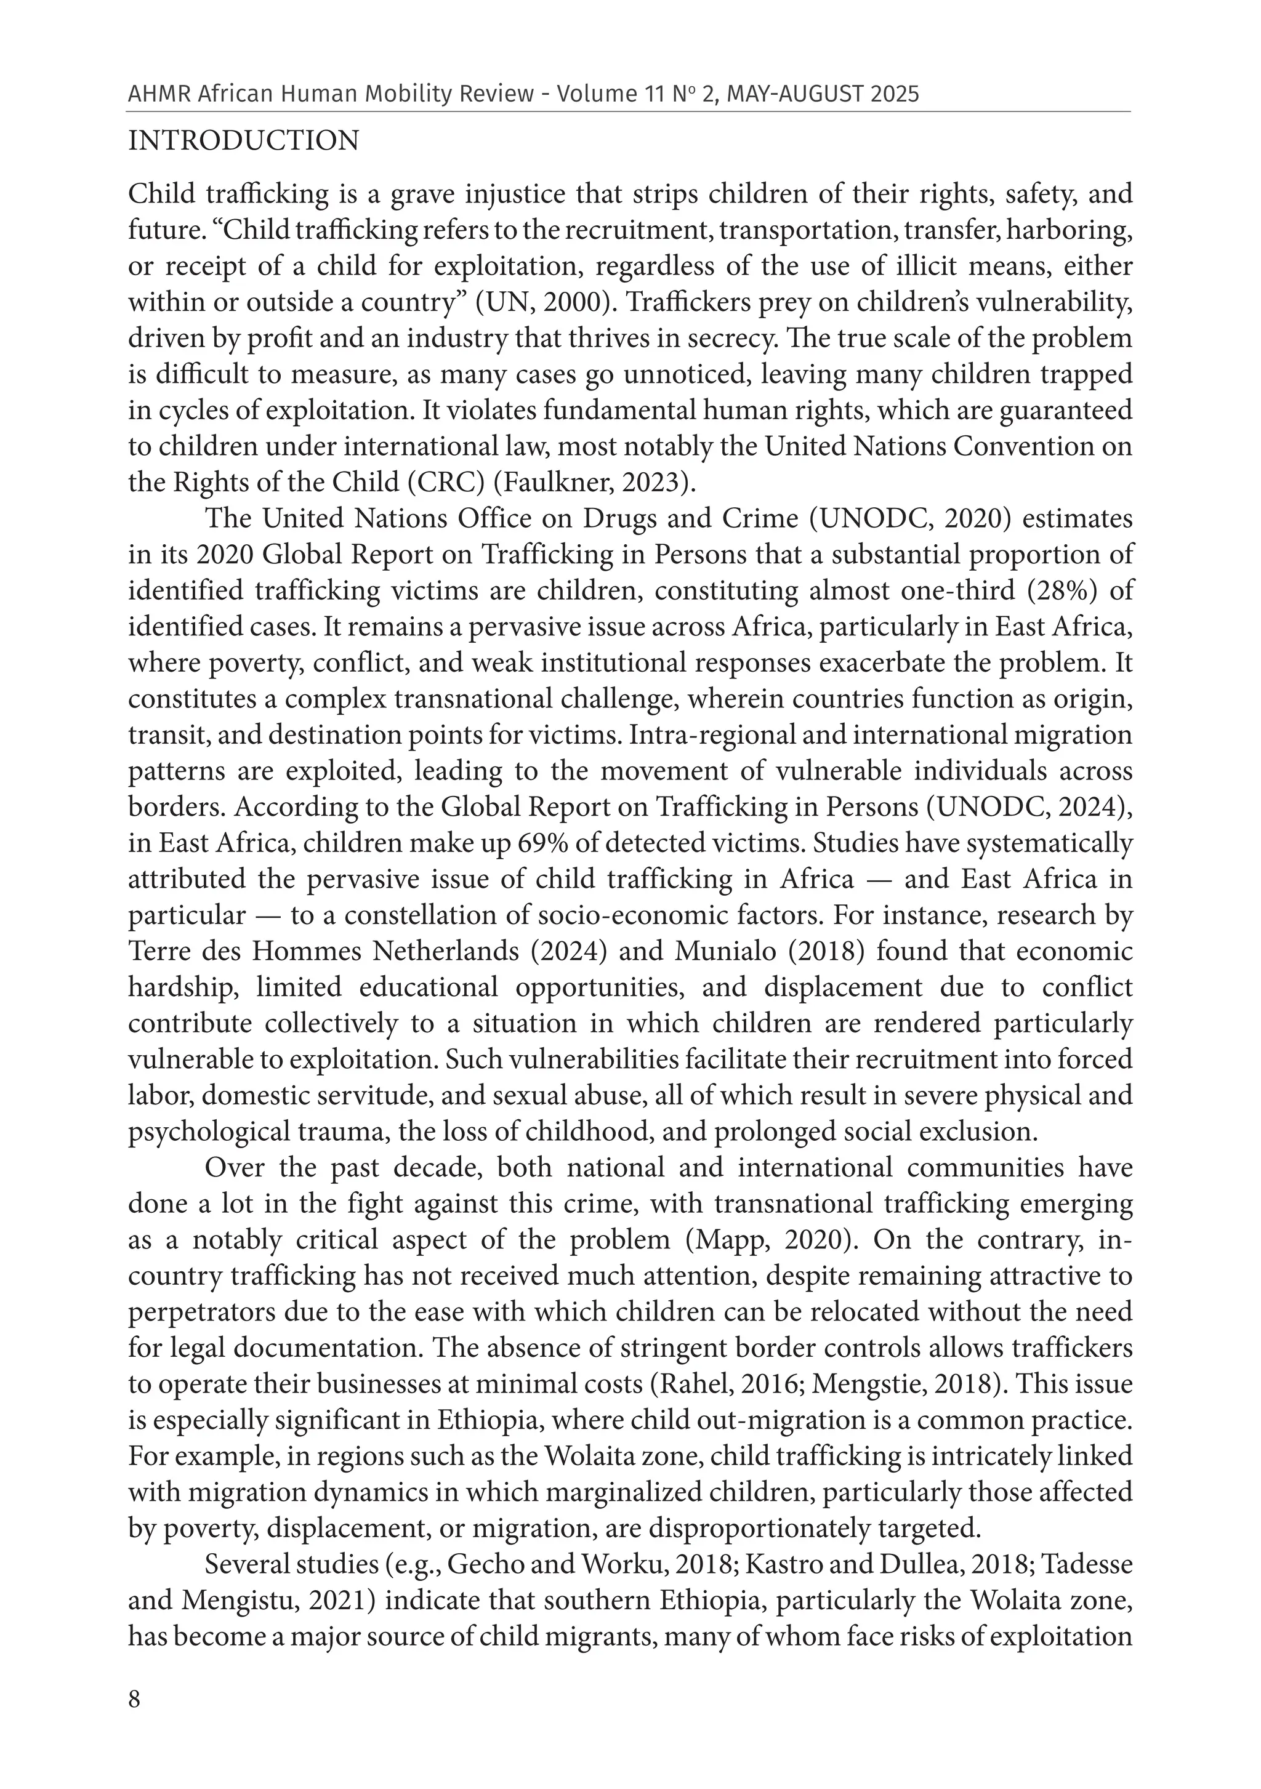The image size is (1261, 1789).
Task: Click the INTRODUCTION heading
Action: [243, 141]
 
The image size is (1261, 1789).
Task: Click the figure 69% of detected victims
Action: [621, 843]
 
